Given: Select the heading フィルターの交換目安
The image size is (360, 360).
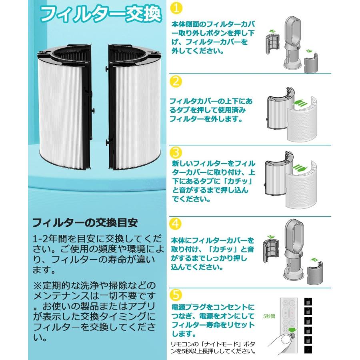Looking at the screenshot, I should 84,222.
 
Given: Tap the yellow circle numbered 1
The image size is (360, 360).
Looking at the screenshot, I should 176,8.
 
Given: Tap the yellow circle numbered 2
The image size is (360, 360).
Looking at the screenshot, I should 176,81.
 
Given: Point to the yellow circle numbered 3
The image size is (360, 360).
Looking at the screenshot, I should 176,152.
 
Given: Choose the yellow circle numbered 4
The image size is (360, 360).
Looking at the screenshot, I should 176,224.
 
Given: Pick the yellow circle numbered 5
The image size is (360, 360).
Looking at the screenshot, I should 176,295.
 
